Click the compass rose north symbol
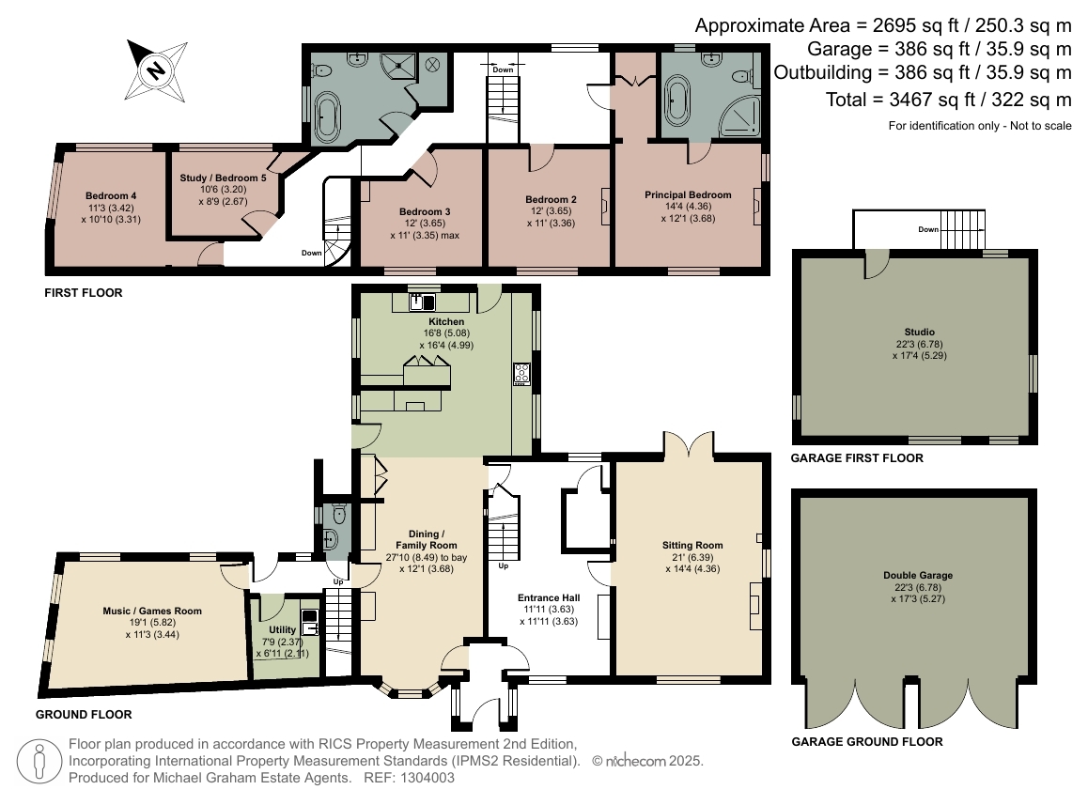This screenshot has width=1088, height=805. coord(156,70)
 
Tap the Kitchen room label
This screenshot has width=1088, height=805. coord(446,321)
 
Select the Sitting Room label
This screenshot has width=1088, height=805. coord(692,546)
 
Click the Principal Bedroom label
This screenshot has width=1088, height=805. coord(688,195)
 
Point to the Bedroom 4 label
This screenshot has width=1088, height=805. coord(111,195)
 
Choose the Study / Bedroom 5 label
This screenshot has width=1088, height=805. coord(223,178)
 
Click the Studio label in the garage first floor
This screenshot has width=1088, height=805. coord(920,332)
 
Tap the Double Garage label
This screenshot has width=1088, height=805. coord(918,575)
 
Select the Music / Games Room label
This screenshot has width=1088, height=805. coord(152,611)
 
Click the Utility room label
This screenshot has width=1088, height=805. coord(283,629)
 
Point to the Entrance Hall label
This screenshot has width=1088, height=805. coord(548,597)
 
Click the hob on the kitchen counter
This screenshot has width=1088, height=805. coord(521,374)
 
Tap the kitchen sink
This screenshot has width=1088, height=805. coord(423,302)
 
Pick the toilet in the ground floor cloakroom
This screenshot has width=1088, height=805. coord(339,514)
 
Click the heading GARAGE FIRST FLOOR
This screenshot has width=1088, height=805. coord(857,458)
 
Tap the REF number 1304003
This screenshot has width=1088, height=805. coord(427,778)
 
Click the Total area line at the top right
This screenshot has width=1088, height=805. coord(949,100)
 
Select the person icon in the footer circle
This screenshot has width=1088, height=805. coord(39,762)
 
